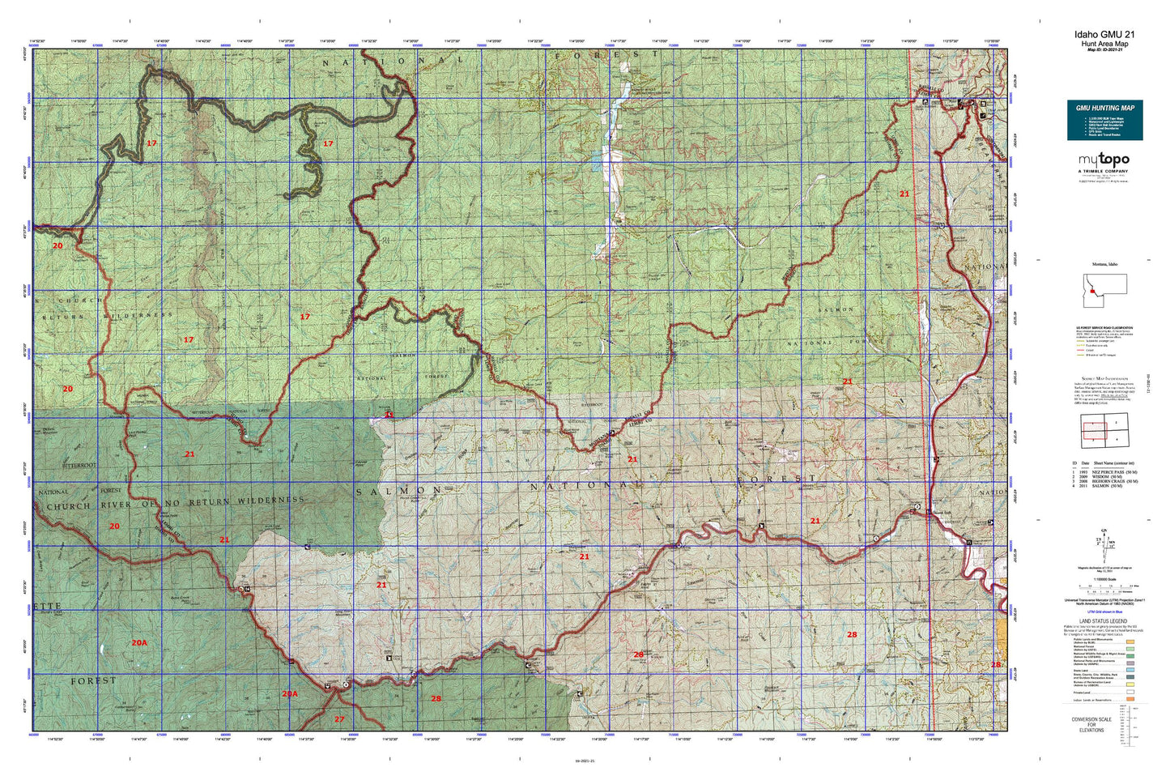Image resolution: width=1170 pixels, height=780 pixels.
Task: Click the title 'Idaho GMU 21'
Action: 1104,35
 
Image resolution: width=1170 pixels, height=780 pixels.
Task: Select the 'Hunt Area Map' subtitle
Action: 1104,44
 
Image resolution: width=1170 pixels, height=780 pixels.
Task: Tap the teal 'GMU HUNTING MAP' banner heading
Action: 1104,108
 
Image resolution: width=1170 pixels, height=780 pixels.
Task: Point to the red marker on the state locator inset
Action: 1092,291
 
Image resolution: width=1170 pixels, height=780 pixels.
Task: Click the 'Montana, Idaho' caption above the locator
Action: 1104,264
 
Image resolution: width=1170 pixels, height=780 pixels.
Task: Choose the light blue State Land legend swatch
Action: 1130,670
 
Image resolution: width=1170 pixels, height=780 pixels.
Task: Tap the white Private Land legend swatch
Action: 1130,692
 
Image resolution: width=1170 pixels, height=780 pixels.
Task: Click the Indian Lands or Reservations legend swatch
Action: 1130,700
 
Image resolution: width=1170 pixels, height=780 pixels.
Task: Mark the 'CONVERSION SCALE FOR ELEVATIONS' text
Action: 1091,725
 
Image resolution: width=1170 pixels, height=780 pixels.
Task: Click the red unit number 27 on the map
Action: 339,719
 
